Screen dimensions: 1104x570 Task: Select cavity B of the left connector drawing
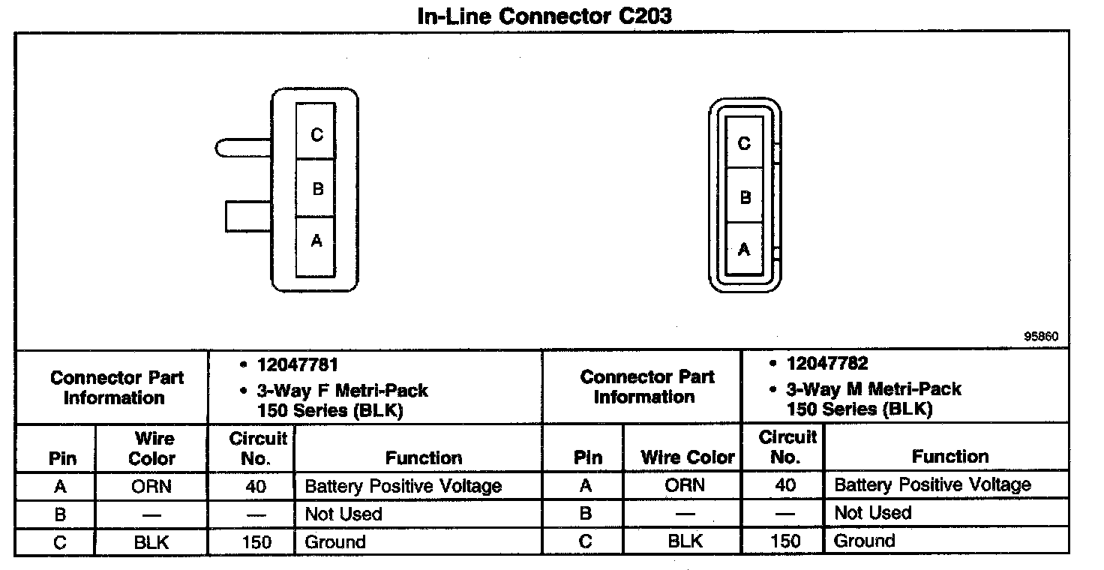316,187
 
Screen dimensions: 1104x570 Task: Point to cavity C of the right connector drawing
744,142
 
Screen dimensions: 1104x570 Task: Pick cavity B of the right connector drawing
744,196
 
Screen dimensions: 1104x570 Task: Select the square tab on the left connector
247,216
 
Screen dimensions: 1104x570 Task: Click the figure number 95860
1041,337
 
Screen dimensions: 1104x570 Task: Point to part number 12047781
298,365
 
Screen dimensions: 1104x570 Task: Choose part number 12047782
827,364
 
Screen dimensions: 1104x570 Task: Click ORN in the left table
151,487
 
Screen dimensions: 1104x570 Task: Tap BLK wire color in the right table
685,541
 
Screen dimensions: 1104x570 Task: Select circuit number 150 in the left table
256,542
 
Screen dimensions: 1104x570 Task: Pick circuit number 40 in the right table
785,485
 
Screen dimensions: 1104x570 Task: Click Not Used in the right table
872,513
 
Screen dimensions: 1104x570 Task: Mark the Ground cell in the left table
334,542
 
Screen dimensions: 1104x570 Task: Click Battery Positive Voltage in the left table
403,487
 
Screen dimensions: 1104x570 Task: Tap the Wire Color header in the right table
688,457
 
